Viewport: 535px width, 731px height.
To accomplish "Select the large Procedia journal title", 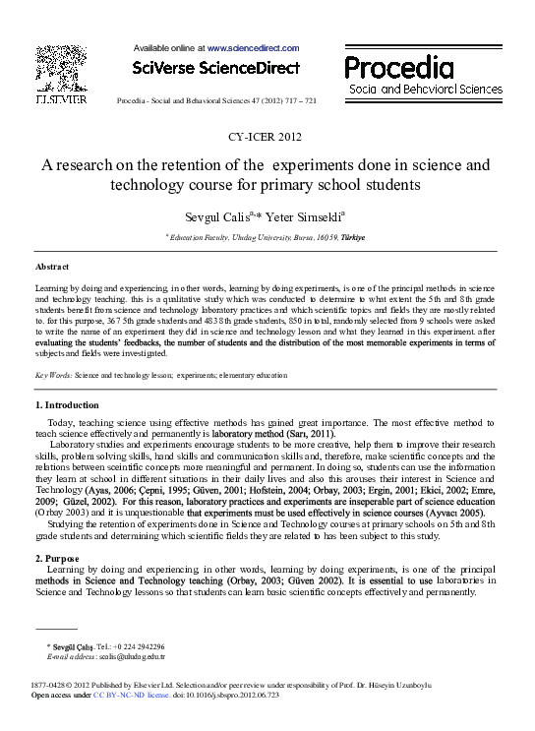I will [x=399, y=68].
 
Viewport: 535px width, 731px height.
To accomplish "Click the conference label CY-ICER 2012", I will [x=267, y=137].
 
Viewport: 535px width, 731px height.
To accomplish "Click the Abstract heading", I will [x=51, y=267].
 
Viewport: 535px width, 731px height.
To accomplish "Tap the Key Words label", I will [x=52, y=376].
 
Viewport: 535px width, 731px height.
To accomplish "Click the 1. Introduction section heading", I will [x=67, y=405].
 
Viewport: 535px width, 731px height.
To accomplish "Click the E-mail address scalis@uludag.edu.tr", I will [x=130, y=656].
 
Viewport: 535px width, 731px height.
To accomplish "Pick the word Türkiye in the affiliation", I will [x=352, y=238].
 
